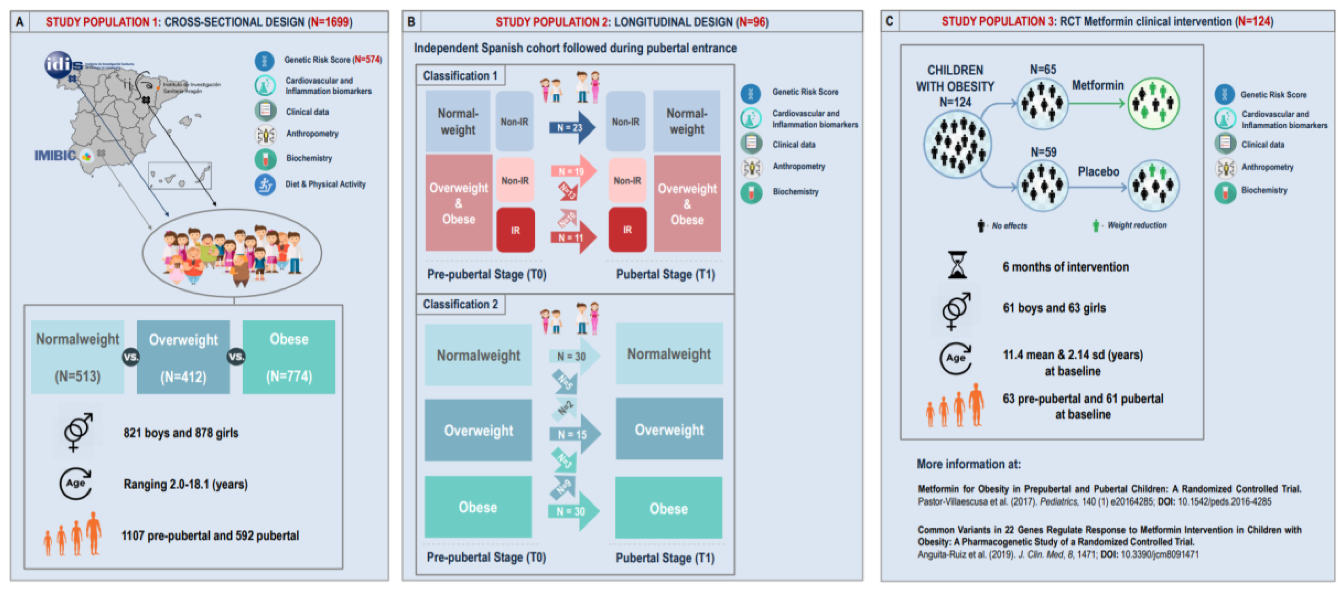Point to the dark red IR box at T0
tap(515, 230)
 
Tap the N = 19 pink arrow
tap(573, 171)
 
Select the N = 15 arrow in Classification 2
tap(574, 434)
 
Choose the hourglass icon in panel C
tap(957, 265)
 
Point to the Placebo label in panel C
tap(1098, 172)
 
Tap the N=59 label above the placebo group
tap(1043, 152)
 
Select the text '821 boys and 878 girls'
tap(181, 433)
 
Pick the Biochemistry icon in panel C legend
tap(1225, 191)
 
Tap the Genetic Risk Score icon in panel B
tap(751, 93)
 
